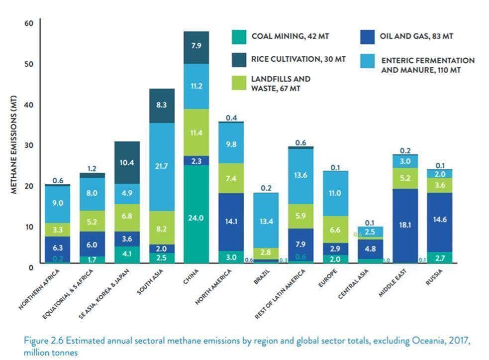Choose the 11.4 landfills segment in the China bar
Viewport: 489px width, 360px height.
tap(196, 132)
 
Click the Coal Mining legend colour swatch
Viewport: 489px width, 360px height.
tap(239, 36)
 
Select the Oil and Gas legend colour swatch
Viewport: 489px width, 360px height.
tap(366, 36)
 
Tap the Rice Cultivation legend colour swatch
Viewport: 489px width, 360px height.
tap(239, 59)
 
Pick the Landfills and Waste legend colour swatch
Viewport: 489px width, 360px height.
tap(239, 83)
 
